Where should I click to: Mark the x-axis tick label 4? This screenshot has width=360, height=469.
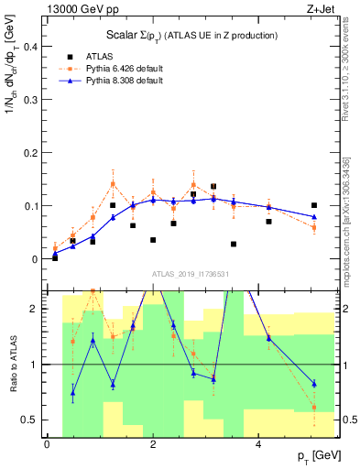259,445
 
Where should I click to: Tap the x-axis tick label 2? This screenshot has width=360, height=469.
153,445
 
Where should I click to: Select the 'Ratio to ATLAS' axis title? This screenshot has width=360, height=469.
12,365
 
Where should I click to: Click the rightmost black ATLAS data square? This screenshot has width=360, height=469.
314,205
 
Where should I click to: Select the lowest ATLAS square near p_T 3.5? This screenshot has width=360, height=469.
234,245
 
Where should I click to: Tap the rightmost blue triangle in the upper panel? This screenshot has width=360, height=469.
314,217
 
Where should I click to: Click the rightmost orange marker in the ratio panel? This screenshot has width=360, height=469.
314,407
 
